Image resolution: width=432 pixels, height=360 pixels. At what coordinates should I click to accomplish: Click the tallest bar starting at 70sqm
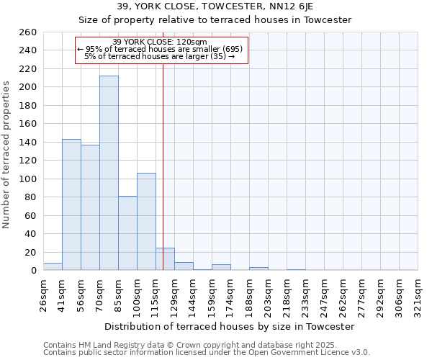[109, 173]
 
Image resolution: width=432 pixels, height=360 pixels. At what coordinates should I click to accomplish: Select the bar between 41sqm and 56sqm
[71, 204]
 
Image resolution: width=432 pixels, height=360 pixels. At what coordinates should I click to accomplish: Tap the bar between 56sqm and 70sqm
[90, 207]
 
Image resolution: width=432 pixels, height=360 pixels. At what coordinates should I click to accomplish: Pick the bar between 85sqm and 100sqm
[127, 233]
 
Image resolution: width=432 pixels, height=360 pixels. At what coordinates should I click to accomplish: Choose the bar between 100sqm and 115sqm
[146, 222]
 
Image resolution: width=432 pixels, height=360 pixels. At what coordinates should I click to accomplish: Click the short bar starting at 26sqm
[53, 267]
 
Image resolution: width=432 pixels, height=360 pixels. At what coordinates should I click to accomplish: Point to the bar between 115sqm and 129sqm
[165, 259]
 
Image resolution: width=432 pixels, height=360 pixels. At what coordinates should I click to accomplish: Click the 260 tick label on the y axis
[28, 32]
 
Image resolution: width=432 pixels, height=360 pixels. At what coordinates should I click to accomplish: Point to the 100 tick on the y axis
[28, 179]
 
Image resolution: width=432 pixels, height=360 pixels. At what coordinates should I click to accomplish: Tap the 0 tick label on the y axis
[33, 271]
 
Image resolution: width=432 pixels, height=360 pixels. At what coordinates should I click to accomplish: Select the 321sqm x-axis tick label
[418, 294]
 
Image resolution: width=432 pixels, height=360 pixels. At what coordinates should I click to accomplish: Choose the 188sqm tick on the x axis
[249, 294]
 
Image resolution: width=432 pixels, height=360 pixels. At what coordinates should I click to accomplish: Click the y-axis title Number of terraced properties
[7, 155]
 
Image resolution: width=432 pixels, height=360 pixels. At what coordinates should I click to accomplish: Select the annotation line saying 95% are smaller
[161, 49]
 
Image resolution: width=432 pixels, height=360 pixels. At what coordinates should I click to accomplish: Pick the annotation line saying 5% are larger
[161, 56]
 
